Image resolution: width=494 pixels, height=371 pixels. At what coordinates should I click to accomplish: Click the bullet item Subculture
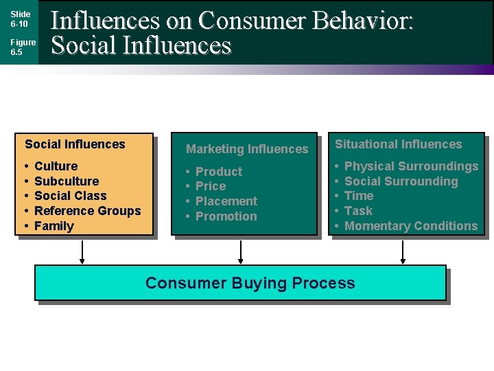click(67, 181)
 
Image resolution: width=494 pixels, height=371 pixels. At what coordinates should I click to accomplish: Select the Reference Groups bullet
click(87, 211)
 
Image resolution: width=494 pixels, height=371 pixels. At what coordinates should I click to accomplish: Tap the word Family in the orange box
click(54, 226)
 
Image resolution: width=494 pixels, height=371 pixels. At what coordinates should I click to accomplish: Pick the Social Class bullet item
click(71, 196)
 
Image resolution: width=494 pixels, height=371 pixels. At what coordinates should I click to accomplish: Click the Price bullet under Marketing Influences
click(211, 186)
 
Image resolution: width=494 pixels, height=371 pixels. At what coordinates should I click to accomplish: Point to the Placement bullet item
click(226, 201)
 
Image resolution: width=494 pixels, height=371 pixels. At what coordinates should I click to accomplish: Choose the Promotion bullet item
click(226, 216)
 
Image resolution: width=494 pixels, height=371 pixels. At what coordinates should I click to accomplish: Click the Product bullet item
click(219, 172)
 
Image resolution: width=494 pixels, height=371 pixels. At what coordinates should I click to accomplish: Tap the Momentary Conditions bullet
click(411, 226)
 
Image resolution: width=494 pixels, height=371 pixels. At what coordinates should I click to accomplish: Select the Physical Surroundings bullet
click(411, 166)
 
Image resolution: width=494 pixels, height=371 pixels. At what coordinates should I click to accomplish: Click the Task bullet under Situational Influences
click(358, 211)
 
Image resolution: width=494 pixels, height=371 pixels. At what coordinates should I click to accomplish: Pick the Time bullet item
click(359, 196)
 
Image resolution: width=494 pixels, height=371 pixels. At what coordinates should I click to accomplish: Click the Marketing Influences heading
click(247, 149)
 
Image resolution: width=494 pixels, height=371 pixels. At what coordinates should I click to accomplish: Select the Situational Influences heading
click(399, 144)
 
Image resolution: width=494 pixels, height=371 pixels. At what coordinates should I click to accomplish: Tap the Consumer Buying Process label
click(250, 283)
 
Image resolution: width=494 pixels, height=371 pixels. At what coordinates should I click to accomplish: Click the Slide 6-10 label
click(20, 19)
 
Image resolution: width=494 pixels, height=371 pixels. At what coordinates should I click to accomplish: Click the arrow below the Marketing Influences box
click(241, 251)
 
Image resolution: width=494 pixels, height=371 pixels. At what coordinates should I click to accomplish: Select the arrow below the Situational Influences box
click(403, 251)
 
